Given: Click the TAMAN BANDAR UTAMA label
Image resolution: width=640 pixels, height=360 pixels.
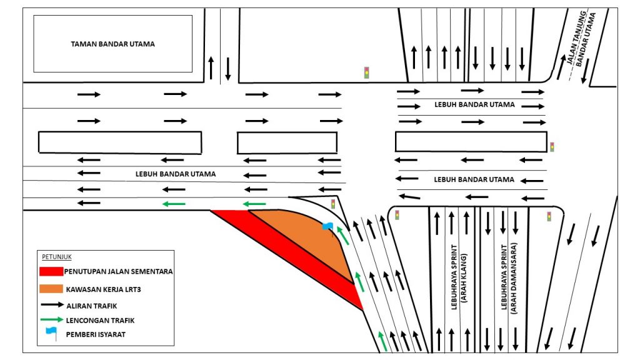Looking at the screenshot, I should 112,44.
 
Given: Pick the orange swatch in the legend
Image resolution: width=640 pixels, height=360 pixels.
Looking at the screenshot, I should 51,289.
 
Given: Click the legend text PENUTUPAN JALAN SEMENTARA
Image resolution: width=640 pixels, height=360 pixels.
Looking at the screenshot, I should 118,272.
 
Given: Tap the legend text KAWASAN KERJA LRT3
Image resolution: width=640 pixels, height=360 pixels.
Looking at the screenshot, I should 102,289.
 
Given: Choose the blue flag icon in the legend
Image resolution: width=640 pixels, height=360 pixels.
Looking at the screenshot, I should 51,334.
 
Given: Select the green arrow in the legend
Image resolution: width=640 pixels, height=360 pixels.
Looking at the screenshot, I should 51,319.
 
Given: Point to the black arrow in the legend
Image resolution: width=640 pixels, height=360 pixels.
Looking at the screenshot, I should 51,305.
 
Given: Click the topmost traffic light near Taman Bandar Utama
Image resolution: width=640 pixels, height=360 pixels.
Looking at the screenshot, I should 367,72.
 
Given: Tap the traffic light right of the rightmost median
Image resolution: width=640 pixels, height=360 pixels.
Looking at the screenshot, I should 552,147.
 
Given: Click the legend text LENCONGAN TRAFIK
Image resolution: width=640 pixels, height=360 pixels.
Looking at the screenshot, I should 100,319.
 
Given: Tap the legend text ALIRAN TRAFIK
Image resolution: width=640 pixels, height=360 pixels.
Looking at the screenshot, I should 92,305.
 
